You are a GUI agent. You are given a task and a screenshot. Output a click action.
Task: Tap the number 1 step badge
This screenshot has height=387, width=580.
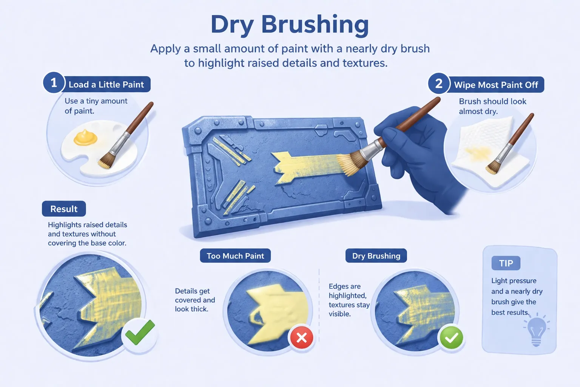click(x=54, y=83)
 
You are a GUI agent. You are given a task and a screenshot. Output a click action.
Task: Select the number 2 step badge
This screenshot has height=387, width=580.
click(x=439, y=84)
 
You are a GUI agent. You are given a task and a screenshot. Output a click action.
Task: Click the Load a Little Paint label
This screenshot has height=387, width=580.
click(x=106, y=84)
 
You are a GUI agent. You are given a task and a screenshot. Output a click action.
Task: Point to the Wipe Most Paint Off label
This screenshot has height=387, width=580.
click(x=496, y=85)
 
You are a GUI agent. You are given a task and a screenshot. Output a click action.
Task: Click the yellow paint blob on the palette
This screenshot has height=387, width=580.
click(x=85, y=138)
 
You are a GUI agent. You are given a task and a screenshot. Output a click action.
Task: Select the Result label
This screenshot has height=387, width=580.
click(x=64, y=209)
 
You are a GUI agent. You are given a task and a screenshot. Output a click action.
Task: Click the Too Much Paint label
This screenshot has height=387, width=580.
click(x=235, y=256)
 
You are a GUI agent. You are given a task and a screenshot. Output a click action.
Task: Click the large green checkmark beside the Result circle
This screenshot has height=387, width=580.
click(x=140, y=332)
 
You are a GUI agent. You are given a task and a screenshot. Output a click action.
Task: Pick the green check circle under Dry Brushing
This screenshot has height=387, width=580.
click(x=451, y=337)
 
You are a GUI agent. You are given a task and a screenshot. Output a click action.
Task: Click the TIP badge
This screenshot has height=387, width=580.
click(x=506, y=263)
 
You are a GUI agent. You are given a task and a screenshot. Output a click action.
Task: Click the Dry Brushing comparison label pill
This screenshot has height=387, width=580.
click(x=376, y=256)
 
